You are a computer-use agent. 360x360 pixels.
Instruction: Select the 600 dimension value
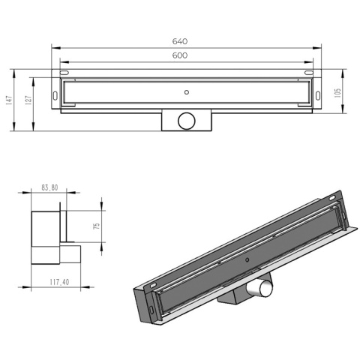pos(180,55)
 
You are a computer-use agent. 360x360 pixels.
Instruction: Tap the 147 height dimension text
pos(9,100)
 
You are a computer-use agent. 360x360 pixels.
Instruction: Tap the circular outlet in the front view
pos(185,119)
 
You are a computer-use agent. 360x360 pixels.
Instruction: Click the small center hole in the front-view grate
pos(185,91)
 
